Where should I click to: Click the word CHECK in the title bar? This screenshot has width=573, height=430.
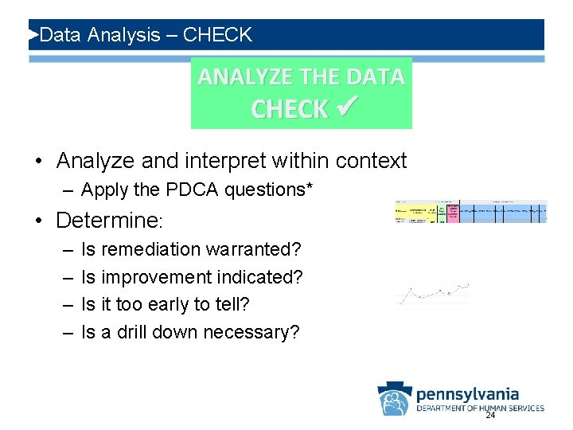(216, 35)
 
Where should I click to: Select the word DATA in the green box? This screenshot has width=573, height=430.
(376, 76)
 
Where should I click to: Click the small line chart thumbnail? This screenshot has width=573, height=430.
(432, 295)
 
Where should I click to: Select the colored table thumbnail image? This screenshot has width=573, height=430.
(471, 211)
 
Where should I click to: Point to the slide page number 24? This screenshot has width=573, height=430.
(490, 416)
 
